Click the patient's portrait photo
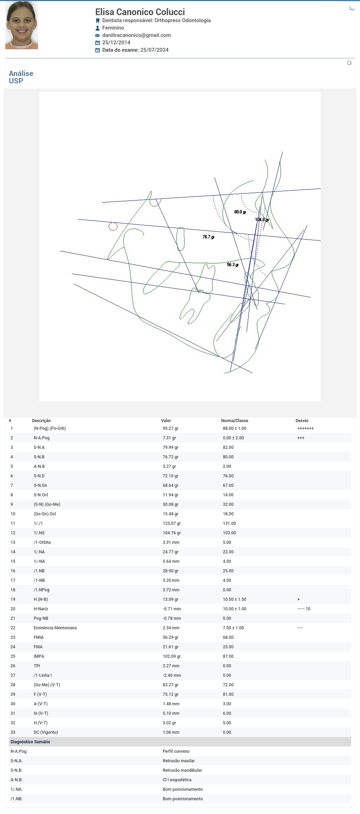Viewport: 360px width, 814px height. click(x=21, y=25)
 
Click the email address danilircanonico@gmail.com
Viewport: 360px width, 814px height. click(x=136, y=35)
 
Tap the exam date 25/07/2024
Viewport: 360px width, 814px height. click(x=154, y=50)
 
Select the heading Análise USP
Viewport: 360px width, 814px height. click(x=21, y=77)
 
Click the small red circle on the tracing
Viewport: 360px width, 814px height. click(x=113, y=227)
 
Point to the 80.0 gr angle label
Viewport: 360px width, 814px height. click(x=240, y=212)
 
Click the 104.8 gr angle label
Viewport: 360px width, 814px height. click(x=262, y=220)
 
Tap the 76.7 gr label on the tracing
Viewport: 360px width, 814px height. click(x=208, y=237)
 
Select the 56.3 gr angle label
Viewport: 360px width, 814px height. click(x=232, y=265)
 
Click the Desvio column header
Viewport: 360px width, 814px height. click(x=302, y=421)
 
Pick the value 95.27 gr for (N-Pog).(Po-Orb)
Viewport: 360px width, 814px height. click(x=171, y=428)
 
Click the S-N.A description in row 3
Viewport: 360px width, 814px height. click(x=39, y=447)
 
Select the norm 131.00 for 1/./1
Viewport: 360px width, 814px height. click(x=229, y=523)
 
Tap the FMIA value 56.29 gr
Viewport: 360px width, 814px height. click(x=171, y=637)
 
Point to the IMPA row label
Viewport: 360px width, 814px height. click(x=39, y=656)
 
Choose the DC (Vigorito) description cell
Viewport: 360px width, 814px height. click(x=46, y=732)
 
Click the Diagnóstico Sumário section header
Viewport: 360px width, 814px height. click(x=30, y=742)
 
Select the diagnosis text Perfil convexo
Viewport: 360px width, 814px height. click(x=176, y=751)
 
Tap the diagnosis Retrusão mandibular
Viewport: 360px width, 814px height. click(x=182, y=770)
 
